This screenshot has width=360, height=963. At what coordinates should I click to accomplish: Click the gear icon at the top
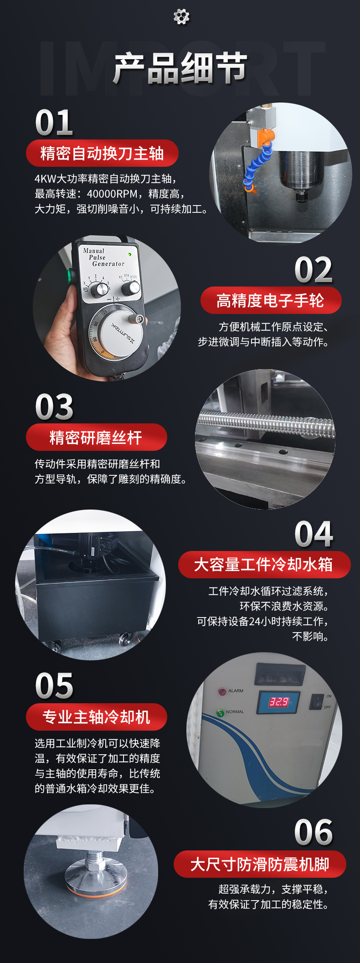pos(181,17)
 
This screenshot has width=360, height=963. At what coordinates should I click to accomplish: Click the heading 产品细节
pos(180,68)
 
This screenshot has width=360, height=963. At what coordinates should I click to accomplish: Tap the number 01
pos(54,123)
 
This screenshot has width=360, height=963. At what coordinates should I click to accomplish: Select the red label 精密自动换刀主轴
pos(102,153)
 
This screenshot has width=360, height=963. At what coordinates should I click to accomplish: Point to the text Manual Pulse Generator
pos(103,257)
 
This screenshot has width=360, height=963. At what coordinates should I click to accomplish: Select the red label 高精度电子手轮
pos(271,300)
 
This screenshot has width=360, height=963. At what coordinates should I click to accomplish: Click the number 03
pos(54,407)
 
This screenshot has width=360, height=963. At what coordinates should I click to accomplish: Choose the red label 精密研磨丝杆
pos(96,438)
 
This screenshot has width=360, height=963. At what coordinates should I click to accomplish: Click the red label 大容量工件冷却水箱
pos(264,565)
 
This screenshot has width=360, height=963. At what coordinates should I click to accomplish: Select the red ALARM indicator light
pos(222,691)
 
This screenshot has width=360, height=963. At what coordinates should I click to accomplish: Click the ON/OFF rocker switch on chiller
pos(317,702)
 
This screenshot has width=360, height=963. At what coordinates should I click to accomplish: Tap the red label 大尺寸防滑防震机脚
pos(260,864)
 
